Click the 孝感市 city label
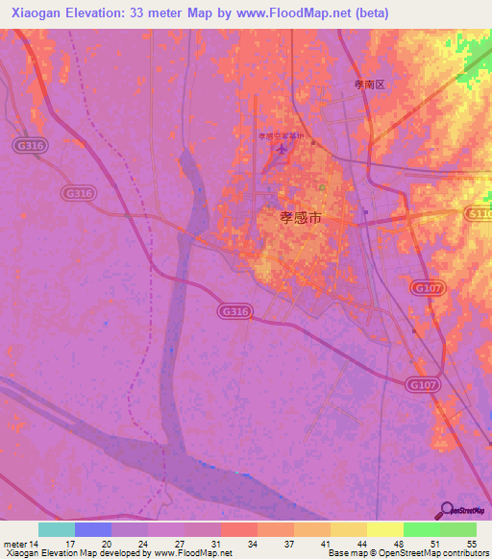[299, 218]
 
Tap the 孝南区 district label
[368, 85]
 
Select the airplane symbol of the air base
[281, 150]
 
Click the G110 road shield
[478, 213]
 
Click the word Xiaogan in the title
[41, 13]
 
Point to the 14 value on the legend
[36, 543]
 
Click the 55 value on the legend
[471, 543]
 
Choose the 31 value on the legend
[216, 543]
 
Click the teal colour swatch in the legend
[57, 529]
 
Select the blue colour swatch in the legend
[93, 529]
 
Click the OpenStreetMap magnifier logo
[446, 509]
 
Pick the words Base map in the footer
[342, 553]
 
